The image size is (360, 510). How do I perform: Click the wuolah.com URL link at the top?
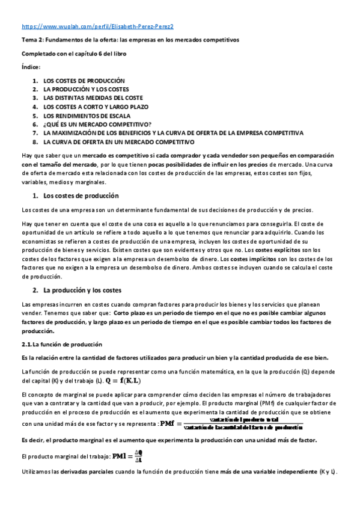pyautogui.click(x=97, y=27)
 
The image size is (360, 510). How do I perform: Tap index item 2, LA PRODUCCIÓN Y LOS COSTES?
pyautogui.click(x=86, y=89)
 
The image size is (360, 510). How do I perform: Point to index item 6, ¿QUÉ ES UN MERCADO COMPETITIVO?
pyautogui.click(x=96, y=124)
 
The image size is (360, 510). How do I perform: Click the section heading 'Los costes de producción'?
pyautogui.click(x=81, y=195)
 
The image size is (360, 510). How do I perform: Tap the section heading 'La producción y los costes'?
pyautogui.click(x=84, y=290)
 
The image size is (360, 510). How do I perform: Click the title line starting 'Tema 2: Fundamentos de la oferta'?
pyautogui.click(x=130, y=40)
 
